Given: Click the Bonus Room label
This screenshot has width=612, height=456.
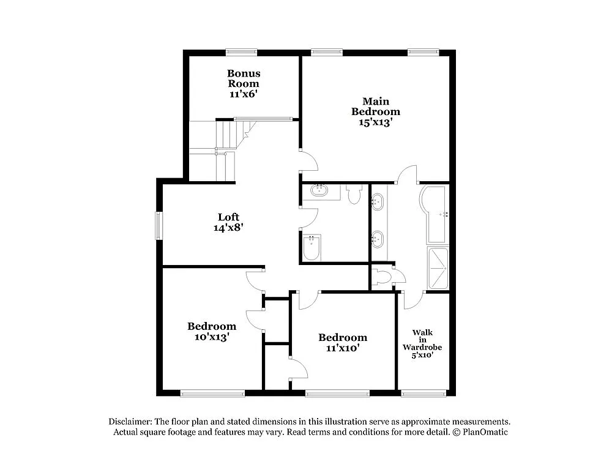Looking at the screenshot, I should click(x=244, y=78).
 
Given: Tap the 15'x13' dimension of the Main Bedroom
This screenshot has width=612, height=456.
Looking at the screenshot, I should click(x=375, y=122).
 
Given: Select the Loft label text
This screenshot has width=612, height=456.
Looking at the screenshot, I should click(x=228, y=217).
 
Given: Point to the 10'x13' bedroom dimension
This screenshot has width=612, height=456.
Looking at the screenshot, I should click(x=211, y=337).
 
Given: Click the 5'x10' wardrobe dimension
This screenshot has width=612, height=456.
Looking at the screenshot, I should click(x=422, y=354).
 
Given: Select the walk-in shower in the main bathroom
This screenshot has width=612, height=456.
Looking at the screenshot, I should click(x=438, y=267).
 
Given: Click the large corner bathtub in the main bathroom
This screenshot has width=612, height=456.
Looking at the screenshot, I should click(x=435, y=214).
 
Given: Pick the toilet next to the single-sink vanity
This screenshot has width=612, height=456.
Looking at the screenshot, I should click(x=354, y=193).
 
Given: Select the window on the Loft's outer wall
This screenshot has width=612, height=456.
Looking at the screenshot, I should click(x=159, y=225).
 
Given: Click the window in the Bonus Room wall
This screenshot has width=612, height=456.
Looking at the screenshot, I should click(x=241, y=52).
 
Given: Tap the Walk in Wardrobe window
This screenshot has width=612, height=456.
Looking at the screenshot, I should click(x=422, y=392).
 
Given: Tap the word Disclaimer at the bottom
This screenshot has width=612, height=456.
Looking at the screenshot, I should click(x=130, y=422).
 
